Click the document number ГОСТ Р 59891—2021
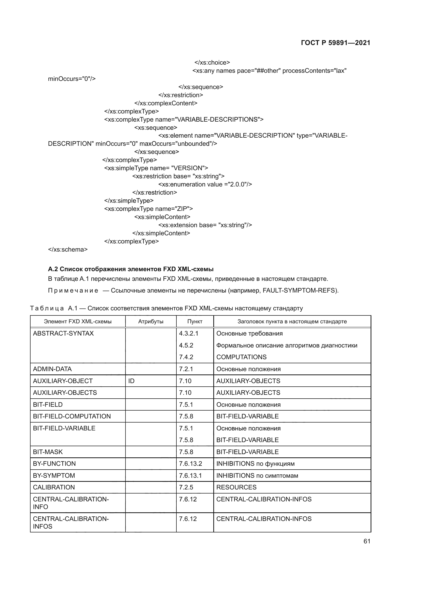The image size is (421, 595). coord(335,43)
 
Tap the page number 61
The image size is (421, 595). coord(367,541)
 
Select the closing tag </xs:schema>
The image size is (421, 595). coord(68,249)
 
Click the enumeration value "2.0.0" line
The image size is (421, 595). coord(205,184)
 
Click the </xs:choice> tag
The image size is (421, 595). coord(212,63)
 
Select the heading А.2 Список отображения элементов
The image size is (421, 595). coord(131,269)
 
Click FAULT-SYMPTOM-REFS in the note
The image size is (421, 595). coord(299,290)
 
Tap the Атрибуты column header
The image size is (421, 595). coord(151,321)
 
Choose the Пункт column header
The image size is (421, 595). coord(195,321)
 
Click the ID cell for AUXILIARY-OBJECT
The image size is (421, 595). coord(131,381)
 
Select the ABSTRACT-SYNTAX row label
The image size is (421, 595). coord(63,333)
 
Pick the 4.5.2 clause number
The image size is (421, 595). coord(186,345)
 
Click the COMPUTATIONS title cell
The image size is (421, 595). coord(241,357)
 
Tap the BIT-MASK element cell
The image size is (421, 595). coord(48,452)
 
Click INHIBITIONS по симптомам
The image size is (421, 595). coord(257,475)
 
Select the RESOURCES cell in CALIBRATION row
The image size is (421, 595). coord(236,487)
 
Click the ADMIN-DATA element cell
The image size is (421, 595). coord(52,369)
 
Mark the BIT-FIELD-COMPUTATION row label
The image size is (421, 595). coord(72,416)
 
